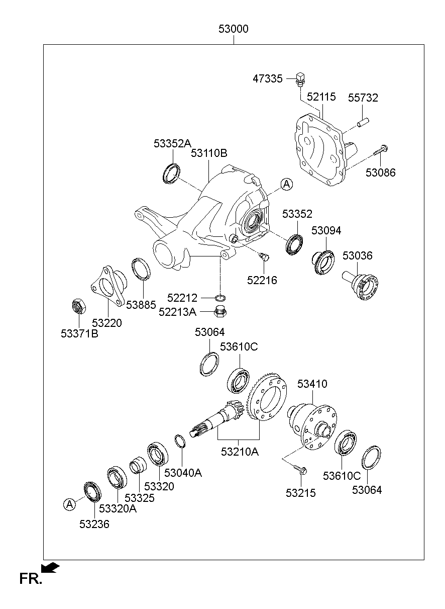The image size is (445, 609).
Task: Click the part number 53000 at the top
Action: (233, 29)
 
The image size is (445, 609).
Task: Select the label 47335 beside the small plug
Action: (268, 78)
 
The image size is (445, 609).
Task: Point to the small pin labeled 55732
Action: (363, 121)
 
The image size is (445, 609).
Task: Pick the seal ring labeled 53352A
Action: (171, 173)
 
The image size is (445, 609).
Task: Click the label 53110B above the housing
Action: (208, 153)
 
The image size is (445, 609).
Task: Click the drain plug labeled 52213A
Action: (219, 312)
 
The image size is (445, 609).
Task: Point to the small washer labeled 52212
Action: (219, 298)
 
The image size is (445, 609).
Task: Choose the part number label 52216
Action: (262, 280)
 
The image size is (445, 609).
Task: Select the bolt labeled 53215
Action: (301, 470)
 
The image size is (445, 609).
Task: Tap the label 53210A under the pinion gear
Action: (240, 452)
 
